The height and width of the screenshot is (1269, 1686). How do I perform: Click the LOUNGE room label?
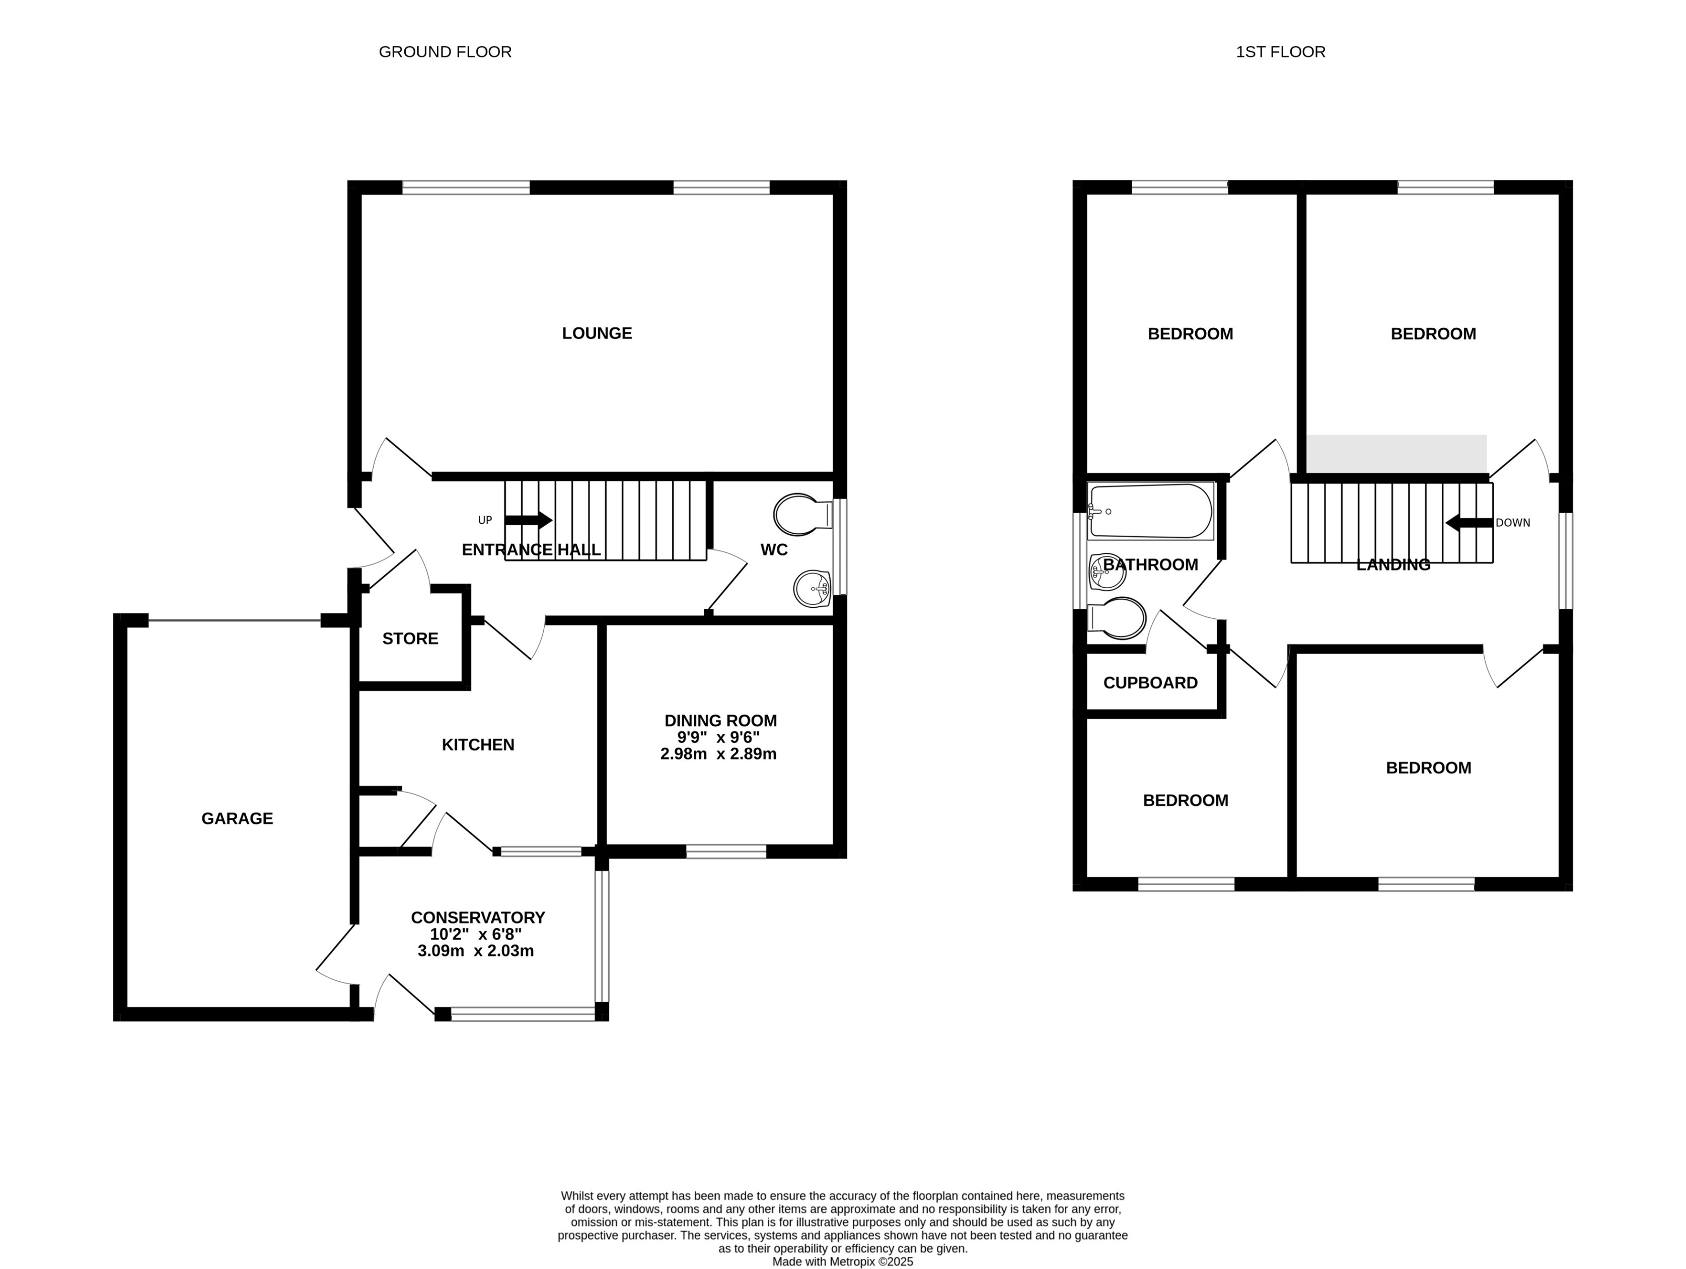[x=597, y=333]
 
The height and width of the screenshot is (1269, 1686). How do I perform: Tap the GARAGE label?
[x=237, y=818]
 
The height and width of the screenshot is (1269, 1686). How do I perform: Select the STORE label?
[x=410, y=639]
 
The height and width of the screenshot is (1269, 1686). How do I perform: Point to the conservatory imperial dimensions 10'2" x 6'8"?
[x=476, y=934]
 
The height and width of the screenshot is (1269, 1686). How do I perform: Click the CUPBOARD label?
[x=1150, y=682]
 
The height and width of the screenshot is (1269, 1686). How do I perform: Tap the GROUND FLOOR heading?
[x=445, y=52]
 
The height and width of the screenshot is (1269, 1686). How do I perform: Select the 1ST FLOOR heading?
[x=1281, y=52]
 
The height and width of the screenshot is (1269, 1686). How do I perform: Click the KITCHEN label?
[x=478, y=744]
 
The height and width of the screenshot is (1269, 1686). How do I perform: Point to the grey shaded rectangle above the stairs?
[x=1397, y=454]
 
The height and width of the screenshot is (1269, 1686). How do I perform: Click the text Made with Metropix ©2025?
[x=842, y=1261]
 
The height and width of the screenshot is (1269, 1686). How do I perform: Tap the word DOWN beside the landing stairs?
[x=1512, y=523]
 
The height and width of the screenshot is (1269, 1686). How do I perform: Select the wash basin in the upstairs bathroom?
[x=1108, y=572]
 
